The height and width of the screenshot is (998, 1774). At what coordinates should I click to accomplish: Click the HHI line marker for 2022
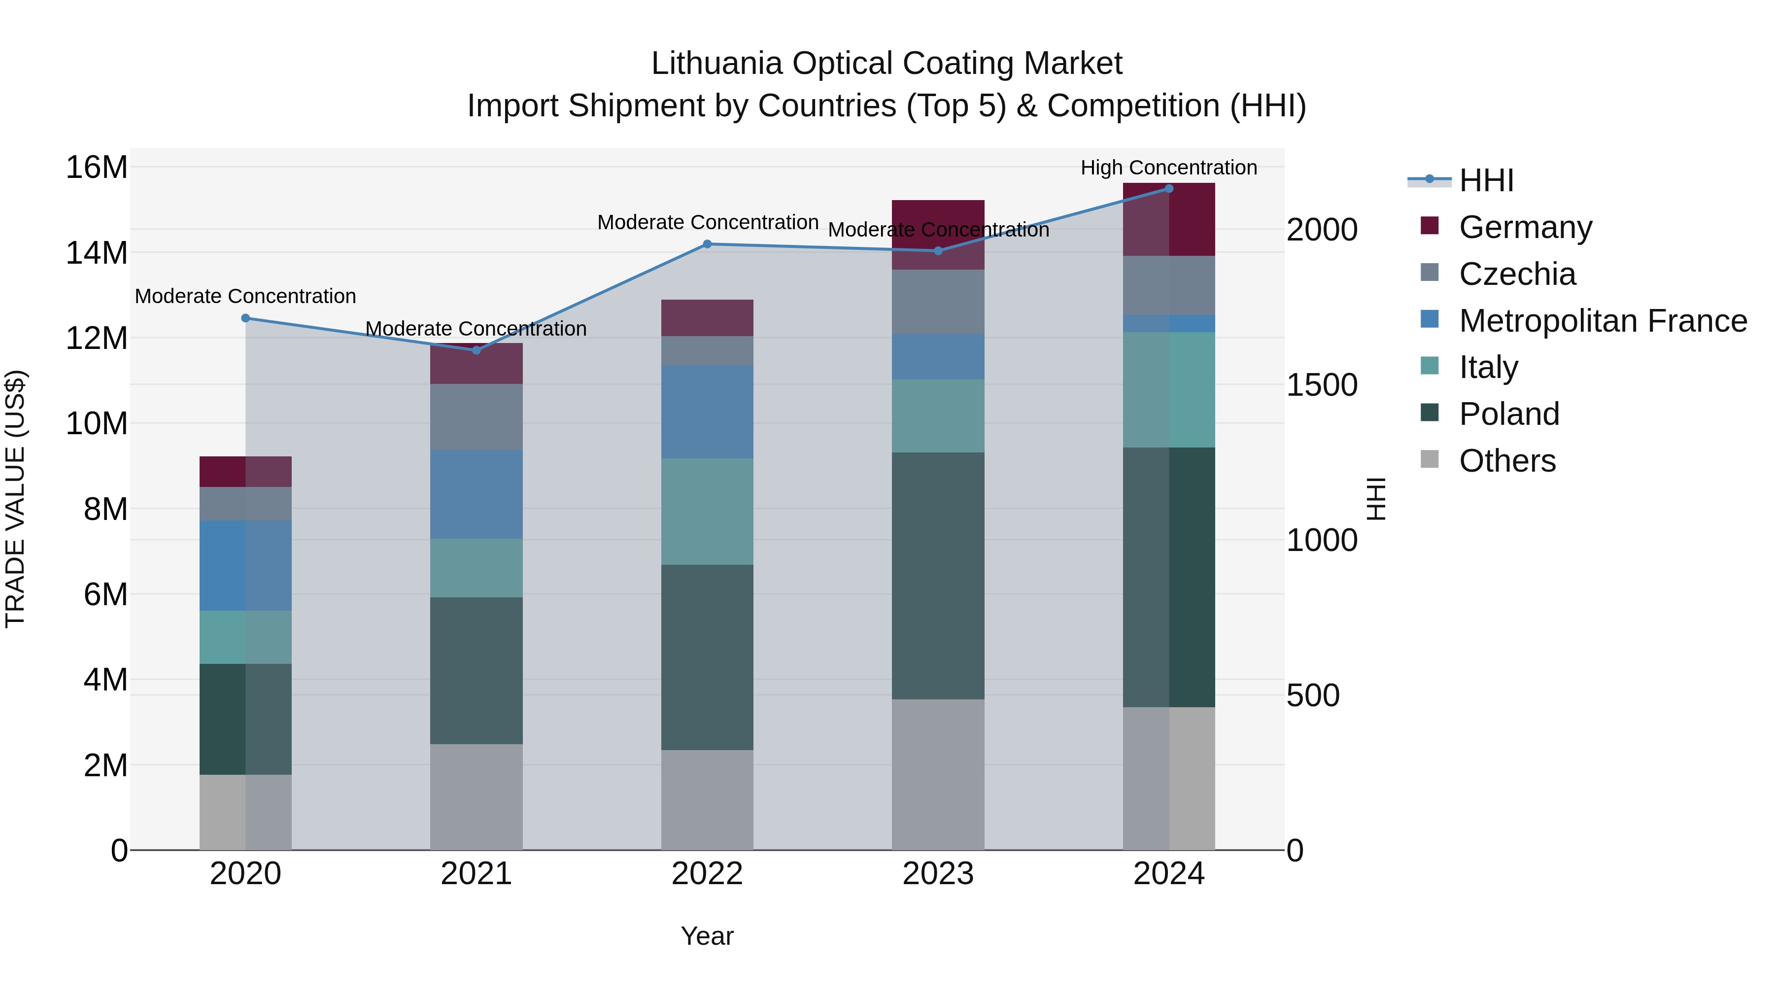pos(707,244)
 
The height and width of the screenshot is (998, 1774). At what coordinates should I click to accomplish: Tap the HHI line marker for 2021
pos(476,350)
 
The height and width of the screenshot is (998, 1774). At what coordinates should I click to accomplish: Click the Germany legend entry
pos(1525,227)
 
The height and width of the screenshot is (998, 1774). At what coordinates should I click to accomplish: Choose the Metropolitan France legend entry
pos(1602,321)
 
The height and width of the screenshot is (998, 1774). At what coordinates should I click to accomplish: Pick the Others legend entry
pos(1507,461)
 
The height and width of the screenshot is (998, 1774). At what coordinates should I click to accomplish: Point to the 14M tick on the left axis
pos(97,253)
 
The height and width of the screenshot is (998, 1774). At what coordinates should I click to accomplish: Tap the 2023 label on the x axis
pos(937,874)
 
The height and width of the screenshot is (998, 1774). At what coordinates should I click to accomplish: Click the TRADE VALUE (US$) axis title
pos(15,499)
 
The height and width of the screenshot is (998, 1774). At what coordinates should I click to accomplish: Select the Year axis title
pos(707,936)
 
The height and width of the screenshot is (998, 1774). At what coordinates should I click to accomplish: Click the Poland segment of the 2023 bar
pos(937,575)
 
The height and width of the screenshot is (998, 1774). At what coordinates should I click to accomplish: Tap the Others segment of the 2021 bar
pos(476,796)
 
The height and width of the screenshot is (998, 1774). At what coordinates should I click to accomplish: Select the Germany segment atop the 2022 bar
pos(707,317)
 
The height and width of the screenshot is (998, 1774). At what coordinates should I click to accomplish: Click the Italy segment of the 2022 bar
pos(707,511)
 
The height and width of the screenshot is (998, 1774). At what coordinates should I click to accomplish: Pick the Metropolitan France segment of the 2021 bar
pos(476,494)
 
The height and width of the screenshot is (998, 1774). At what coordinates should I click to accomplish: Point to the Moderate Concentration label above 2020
pos(245,296)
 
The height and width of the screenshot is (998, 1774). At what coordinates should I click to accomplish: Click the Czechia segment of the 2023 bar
pos(937,302)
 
